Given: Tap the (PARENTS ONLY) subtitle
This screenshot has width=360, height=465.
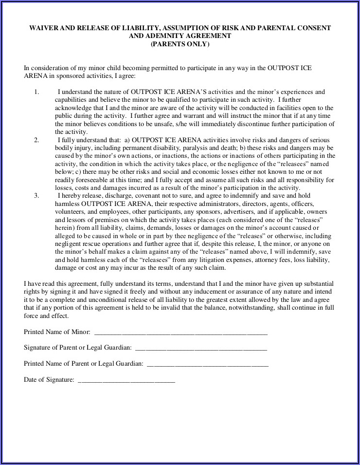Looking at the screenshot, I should (180, 44).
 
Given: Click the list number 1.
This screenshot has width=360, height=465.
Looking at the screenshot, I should (36, 92).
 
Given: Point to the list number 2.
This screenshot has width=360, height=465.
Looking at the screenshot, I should (36, 140).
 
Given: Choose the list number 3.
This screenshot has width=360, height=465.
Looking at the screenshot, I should (36, 195).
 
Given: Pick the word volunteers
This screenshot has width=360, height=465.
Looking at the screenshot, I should (70, 212).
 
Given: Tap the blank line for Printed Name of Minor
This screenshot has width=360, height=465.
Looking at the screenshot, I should (180, 334).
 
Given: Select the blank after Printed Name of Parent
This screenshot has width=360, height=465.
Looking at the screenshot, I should (207, 364).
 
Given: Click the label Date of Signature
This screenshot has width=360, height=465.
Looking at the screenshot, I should (49, 380).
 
